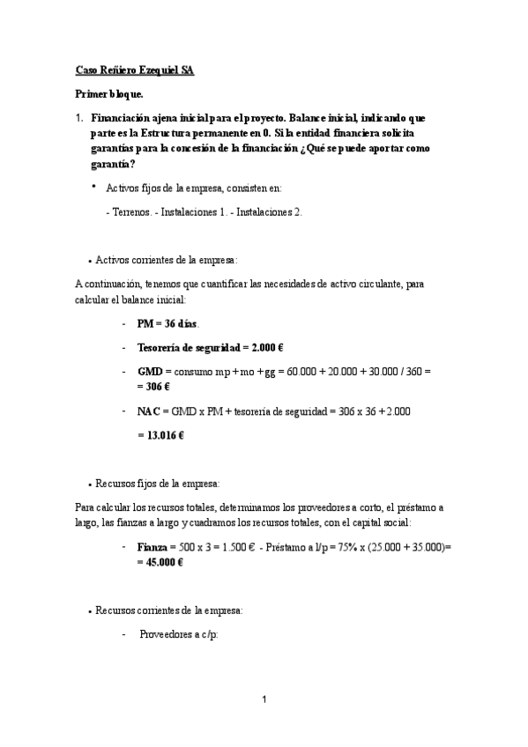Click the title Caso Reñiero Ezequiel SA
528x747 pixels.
tap(134, 70)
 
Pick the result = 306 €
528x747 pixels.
tap(159, 387)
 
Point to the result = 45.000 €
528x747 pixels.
tap(160, 563)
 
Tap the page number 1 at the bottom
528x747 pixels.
tap(264, 700)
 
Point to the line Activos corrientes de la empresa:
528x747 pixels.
tap(166, 260)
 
